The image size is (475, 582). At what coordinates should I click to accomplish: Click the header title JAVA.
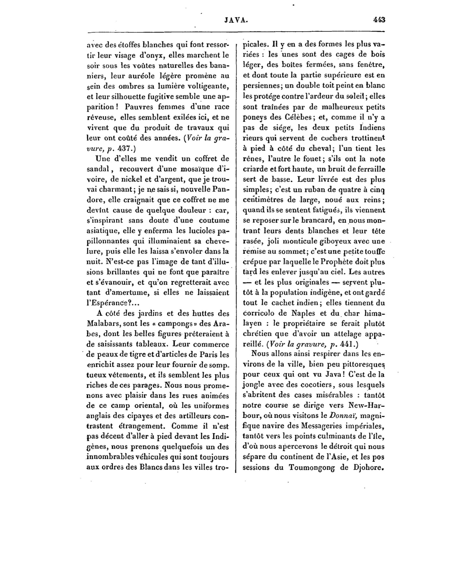(236, 20)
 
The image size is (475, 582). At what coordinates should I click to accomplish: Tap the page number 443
(379, 20)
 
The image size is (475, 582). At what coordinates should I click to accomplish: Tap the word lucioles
(197, 231)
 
